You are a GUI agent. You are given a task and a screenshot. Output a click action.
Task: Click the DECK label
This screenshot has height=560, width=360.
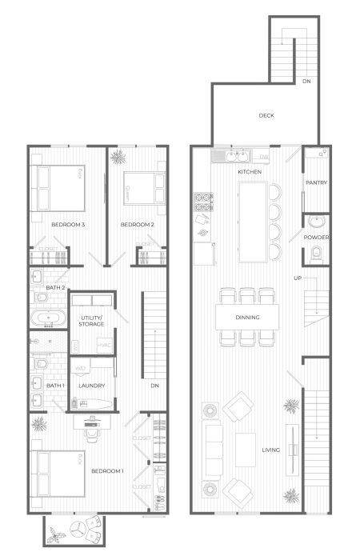tap(266, 116)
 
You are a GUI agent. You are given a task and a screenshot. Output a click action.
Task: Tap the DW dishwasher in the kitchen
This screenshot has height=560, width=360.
tap(264, 158)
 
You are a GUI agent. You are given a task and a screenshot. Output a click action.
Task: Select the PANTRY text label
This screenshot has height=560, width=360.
tap(317, 183)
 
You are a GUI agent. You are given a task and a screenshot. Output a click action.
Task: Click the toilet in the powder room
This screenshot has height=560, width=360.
tap(318, 254)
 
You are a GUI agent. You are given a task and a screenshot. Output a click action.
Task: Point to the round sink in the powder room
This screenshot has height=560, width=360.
tap(318, 221)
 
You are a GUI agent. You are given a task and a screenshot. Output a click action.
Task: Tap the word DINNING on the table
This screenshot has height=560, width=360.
tap(247, 318)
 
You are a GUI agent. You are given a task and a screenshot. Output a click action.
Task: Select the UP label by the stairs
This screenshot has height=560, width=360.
tap(298, 278)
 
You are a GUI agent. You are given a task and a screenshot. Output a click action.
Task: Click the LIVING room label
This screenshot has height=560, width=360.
tap(270, 450)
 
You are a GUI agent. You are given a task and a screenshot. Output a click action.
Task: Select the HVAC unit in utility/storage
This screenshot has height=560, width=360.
tap(103, 346)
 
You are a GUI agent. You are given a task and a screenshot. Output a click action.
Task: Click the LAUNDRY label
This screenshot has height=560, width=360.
tap(88, 386)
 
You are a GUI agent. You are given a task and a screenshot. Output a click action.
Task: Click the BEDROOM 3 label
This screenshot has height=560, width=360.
tap(68, 225)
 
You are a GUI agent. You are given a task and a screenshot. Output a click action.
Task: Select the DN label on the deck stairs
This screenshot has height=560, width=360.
tap(306, 81)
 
